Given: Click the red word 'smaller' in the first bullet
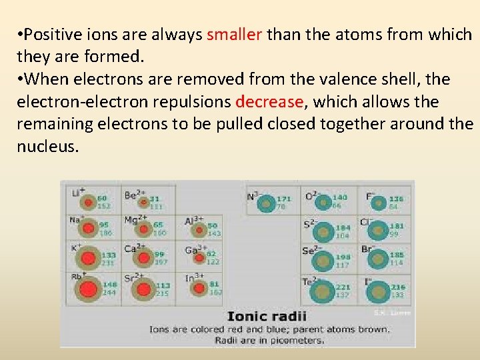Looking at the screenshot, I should pos(234,34).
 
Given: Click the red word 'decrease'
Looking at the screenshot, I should pos(269,102).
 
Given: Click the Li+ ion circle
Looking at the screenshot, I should pos(87,201).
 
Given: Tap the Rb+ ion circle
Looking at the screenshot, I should pos(87,289).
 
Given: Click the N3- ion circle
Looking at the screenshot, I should pos(266,202).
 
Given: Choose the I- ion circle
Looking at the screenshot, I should pos(378,291).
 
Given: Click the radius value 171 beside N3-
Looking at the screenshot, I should pos(283,198).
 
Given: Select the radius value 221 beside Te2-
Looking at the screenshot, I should pos(343,287).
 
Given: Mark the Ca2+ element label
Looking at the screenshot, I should pos(132,248).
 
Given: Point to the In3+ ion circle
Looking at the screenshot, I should pos(199,288).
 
